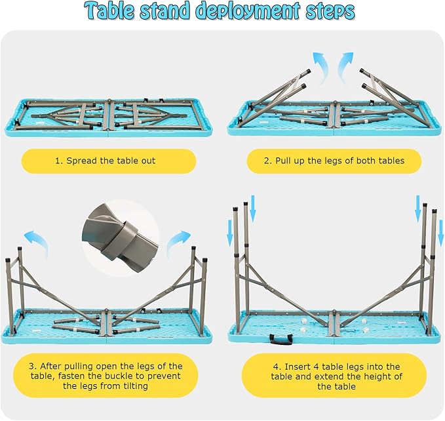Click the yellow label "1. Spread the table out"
click(x=109, y=161)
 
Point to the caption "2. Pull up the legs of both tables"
click(x=334, y=161)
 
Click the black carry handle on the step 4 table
click(x=281, y=339)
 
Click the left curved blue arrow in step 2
click(x=321, y=68)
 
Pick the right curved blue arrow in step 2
click(x=344, y=67)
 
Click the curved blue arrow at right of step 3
click(x=178, y=241)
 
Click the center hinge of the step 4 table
click(x=334, y=323)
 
